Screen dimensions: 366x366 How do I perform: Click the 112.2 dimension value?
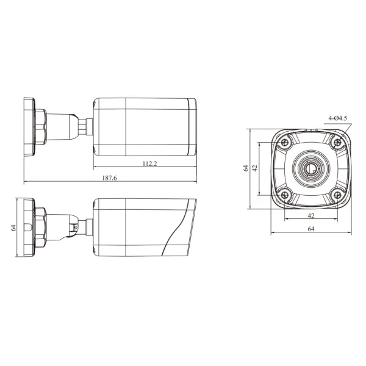[x=149, y=163]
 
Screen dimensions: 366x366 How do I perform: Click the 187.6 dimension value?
[x=109, y=178]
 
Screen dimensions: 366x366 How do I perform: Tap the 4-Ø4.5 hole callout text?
[x=337, y=118]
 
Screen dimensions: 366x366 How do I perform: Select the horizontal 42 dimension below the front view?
[x=311, y=216]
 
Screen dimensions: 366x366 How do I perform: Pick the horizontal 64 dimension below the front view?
[x=311, y=229]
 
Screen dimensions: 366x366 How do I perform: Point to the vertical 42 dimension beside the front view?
[x=255, y=168]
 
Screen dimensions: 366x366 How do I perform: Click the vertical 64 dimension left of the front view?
[x=246, y=168]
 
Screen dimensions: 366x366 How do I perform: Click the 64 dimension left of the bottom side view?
[x=13, y=228]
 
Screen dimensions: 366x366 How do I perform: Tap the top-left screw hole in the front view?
[x=284, y=142]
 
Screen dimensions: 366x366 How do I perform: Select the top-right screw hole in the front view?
[x=337, y=142]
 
